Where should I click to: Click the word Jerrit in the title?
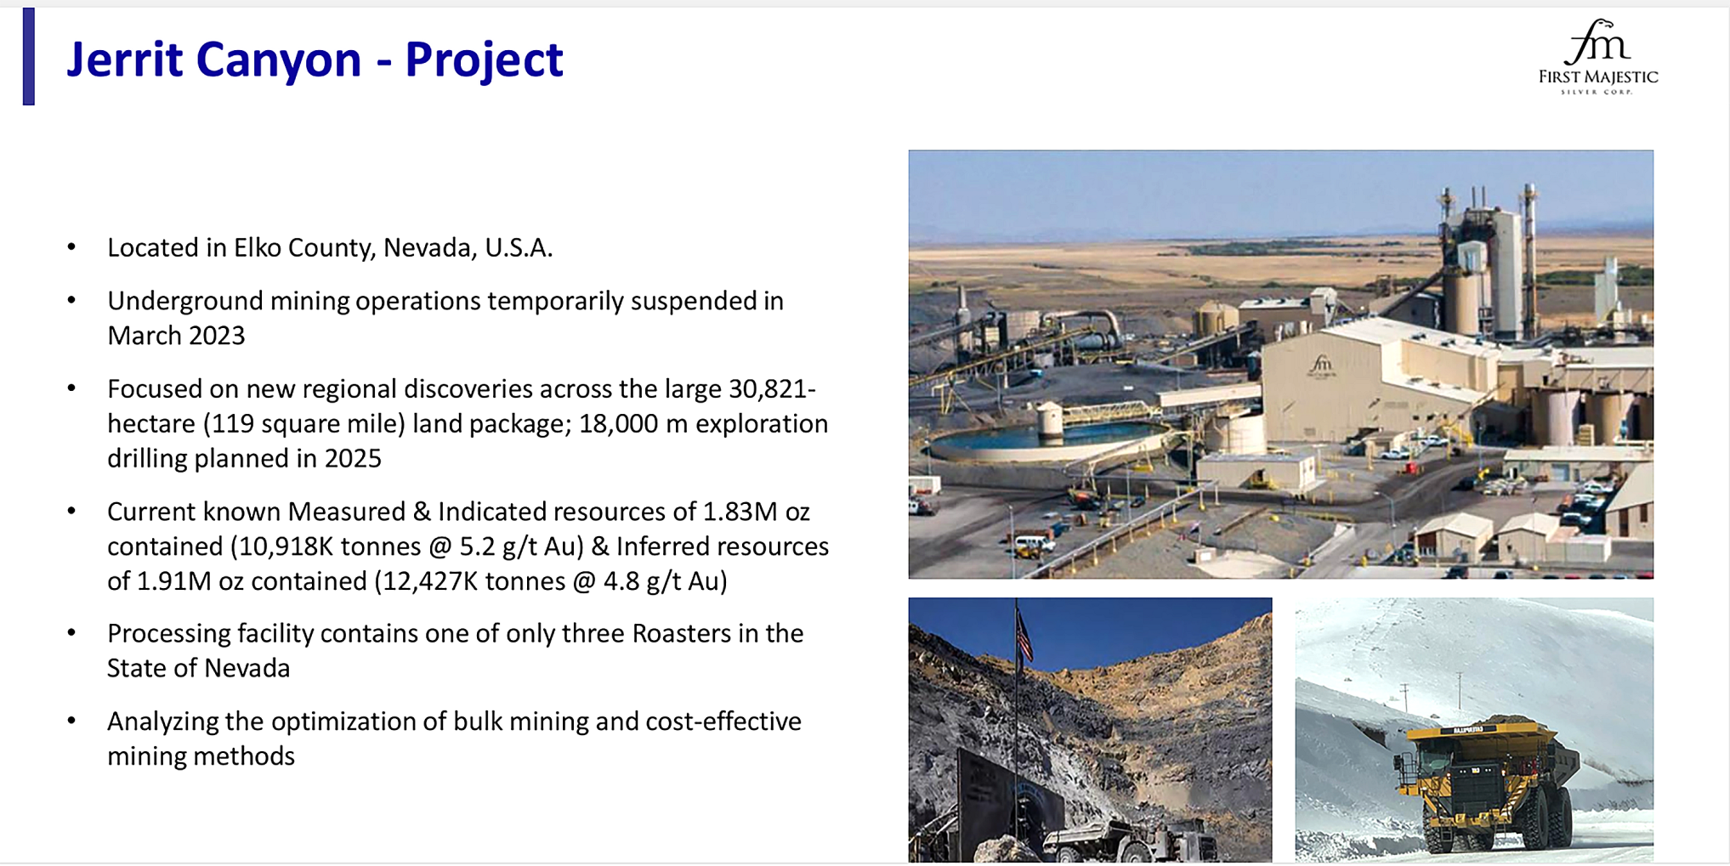point(124,59)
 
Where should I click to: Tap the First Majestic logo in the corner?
point(1598,56)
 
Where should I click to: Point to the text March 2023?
point(176,336)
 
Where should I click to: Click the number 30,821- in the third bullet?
point(772,389)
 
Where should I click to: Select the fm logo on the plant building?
point(1321,365)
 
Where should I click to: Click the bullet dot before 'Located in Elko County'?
point(72,247)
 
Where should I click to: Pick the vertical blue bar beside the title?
point(29,56)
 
